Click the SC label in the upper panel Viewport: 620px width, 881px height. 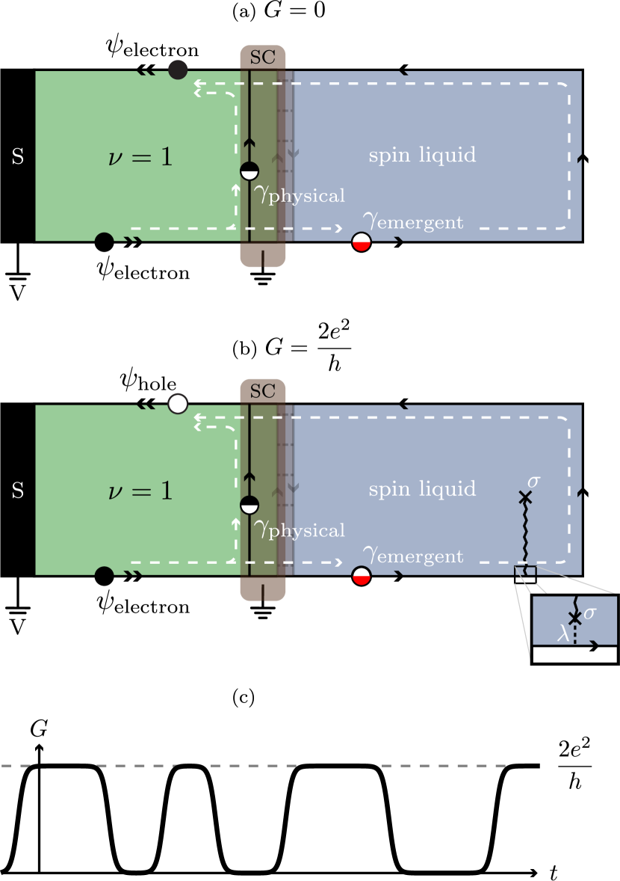263,58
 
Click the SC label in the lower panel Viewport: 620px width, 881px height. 263,391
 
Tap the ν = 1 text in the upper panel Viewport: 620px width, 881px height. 140,157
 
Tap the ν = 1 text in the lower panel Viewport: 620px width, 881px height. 140,491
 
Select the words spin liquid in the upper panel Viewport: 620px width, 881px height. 422,156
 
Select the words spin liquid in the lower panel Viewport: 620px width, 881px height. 422,489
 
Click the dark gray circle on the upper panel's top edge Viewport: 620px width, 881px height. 177,70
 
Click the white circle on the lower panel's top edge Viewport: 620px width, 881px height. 177,404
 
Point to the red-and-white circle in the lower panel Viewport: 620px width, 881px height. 362,576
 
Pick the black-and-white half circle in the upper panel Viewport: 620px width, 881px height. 249,171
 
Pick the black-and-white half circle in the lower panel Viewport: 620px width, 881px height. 249,505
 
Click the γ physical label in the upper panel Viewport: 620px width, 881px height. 299,195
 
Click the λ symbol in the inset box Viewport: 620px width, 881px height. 563,634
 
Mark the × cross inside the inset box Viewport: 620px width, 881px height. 574,618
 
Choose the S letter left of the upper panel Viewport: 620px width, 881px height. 18,158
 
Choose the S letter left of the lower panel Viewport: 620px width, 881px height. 18,491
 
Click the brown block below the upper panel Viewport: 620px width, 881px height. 263,254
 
